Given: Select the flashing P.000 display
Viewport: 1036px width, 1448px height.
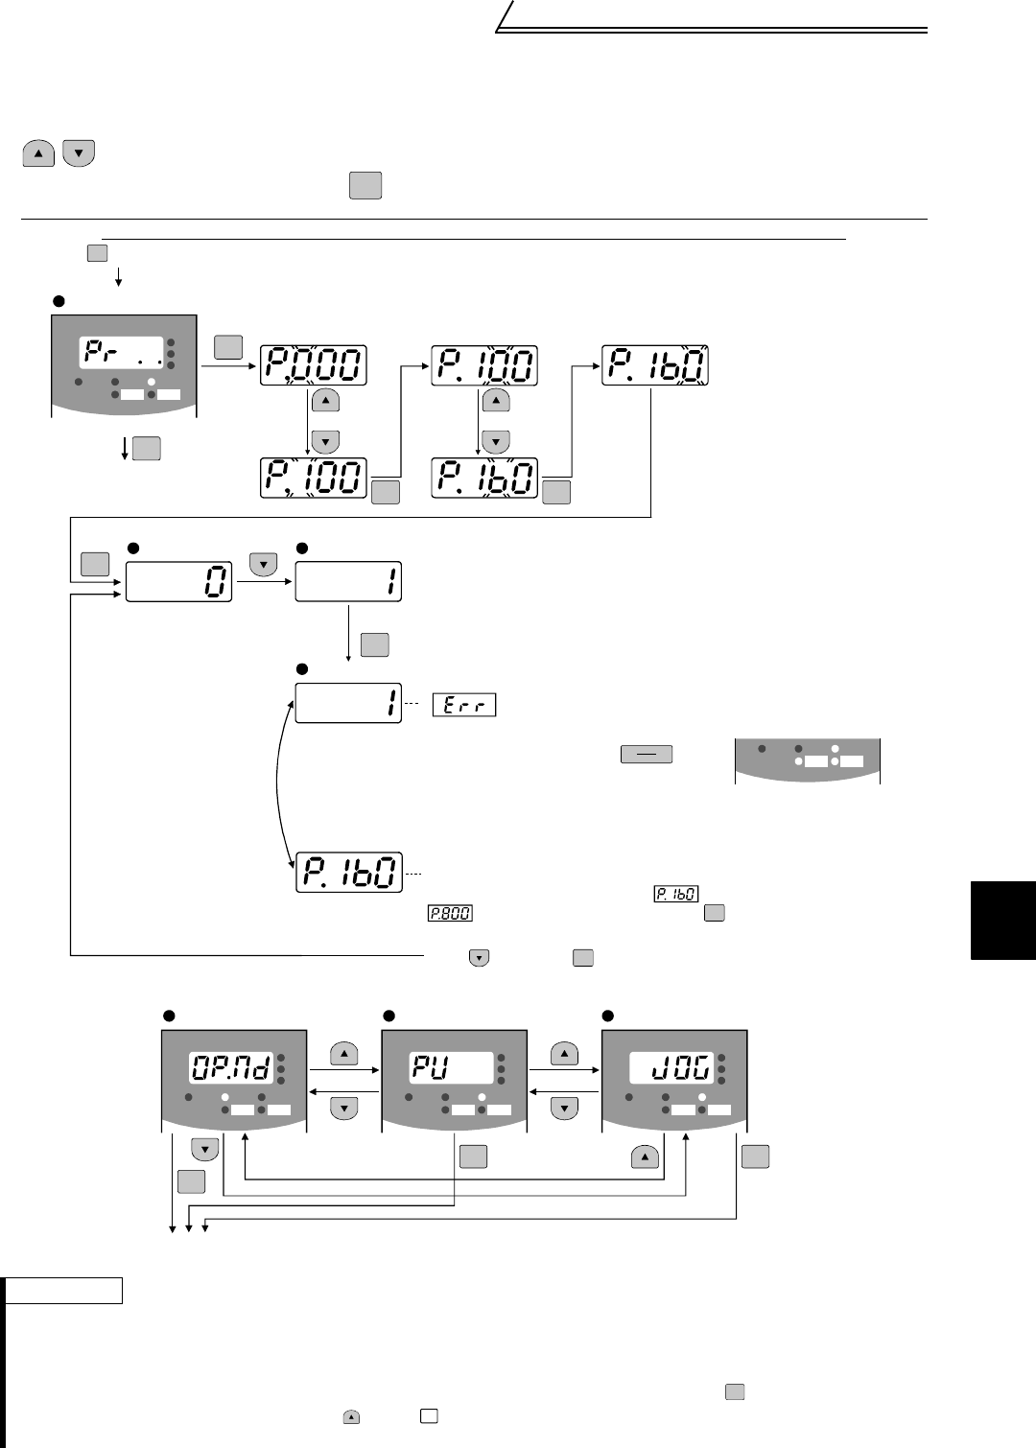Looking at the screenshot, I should [314, 365].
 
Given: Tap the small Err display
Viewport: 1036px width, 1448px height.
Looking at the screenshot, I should [464, 705].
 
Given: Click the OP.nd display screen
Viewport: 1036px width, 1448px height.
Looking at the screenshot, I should [230, 1066].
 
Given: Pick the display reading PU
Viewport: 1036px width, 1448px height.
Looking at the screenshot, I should [453, 1066].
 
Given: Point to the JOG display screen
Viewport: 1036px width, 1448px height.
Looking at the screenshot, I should [671, 1066].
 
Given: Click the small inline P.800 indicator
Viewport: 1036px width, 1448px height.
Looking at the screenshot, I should [450, 913].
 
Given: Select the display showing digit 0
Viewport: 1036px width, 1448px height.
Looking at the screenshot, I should [179, 582].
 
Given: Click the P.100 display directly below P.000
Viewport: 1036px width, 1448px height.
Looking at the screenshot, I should [314, 478].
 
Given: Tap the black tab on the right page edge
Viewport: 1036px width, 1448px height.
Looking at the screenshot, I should [1003, 921].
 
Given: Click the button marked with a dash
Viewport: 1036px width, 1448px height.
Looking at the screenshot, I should [647, 755].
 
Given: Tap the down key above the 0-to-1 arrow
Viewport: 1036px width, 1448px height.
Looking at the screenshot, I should [264, 566].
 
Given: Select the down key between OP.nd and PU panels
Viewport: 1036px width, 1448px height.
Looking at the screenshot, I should [344, 1108].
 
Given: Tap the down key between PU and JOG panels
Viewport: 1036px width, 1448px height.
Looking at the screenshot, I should [565, 1108].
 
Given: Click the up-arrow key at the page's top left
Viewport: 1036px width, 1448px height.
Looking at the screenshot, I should [38, 153].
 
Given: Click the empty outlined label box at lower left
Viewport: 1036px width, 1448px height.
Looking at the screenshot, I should [63, 1291].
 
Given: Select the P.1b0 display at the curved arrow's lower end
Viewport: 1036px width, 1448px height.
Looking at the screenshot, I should [348, 872].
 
